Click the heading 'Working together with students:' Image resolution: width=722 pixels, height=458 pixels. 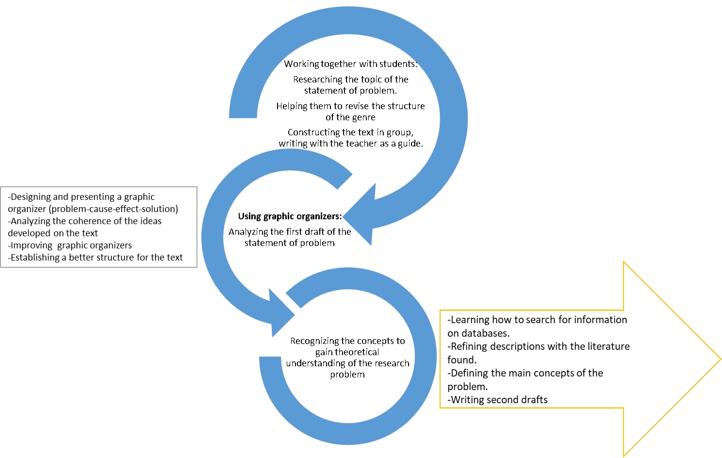pos(350,64)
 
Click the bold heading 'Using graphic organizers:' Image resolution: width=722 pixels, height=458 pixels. pos(290,216)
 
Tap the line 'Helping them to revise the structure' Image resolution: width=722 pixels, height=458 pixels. pos(350,106)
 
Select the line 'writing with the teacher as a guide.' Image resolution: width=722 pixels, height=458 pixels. pos(350,144)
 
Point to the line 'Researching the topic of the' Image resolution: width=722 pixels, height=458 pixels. pos(350,80)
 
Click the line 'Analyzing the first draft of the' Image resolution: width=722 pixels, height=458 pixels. pos(290,232)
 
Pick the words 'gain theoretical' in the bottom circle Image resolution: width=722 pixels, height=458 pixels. pos(347,352)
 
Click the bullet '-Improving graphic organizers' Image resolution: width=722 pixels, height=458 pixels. pos(70,245)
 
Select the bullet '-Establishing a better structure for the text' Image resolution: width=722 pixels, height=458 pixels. pos(96,258)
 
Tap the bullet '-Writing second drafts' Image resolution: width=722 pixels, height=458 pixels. pos(497,400)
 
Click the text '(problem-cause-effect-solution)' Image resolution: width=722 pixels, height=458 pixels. pos(114,209)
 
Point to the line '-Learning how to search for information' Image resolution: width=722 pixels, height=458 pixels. pos(537,320)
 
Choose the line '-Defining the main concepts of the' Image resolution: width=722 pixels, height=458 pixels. pos(525,373)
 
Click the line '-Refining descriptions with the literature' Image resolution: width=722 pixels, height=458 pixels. pos(539,346)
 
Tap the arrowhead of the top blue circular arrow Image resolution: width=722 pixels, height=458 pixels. pos(361,213)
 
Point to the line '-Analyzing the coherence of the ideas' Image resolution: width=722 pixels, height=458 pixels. pos(85,221)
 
